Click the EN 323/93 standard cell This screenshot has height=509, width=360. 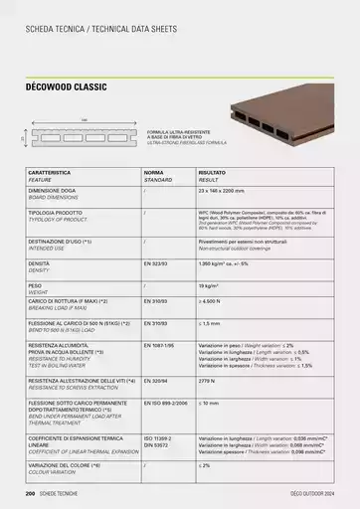(155, 262)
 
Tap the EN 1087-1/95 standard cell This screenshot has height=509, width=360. (159, 344)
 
